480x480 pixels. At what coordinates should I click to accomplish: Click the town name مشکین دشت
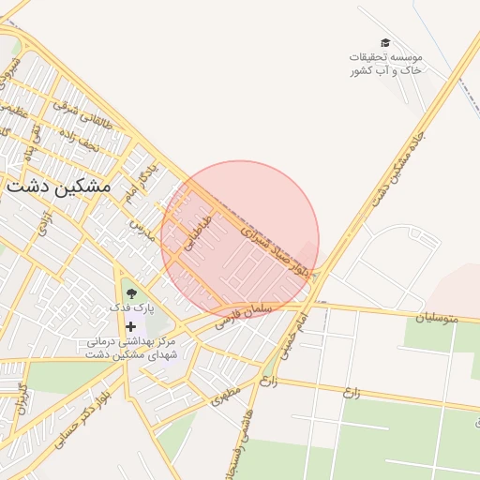58,186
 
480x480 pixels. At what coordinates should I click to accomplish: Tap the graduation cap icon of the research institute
385,43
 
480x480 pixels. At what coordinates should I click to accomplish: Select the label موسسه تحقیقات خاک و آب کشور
385,64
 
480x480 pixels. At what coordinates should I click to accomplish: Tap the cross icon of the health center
129,325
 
